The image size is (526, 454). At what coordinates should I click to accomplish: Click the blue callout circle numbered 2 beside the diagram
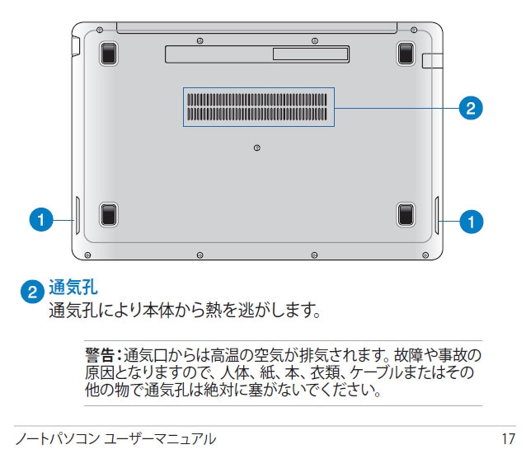coord(471,108)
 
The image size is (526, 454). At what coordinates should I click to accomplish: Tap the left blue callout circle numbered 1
coord(41,220)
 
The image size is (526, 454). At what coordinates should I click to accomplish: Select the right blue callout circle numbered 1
coord(472,222)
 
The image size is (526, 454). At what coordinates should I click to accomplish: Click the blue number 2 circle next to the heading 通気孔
coord(32,292)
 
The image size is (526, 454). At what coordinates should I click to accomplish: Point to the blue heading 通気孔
coord(73,287)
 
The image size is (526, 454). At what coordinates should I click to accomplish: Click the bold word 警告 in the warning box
coord(99,355)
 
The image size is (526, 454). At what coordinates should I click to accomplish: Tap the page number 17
coord(508,439)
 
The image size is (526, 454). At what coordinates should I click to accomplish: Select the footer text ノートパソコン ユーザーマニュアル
coord(115,439)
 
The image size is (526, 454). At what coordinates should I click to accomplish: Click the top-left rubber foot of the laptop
coord(108,54)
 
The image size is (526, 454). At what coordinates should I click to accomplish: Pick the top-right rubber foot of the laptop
coord(406,54)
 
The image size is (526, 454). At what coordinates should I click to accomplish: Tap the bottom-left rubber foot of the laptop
coord(108,214)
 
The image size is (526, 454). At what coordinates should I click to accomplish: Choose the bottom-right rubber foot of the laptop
coord(406,214)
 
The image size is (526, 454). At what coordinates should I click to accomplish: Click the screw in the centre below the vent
coord(257,147)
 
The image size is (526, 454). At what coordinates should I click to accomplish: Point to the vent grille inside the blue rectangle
coord(257,107)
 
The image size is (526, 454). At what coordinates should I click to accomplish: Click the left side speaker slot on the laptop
coord(77,215)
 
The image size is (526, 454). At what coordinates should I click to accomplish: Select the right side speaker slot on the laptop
coord(437,215)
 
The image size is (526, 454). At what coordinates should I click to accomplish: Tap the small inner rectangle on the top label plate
coord(310,54)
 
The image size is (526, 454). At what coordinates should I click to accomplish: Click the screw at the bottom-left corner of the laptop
coord(87,255)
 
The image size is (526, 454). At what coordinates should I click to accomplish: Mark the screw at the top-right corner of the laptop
coord(414,30)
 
